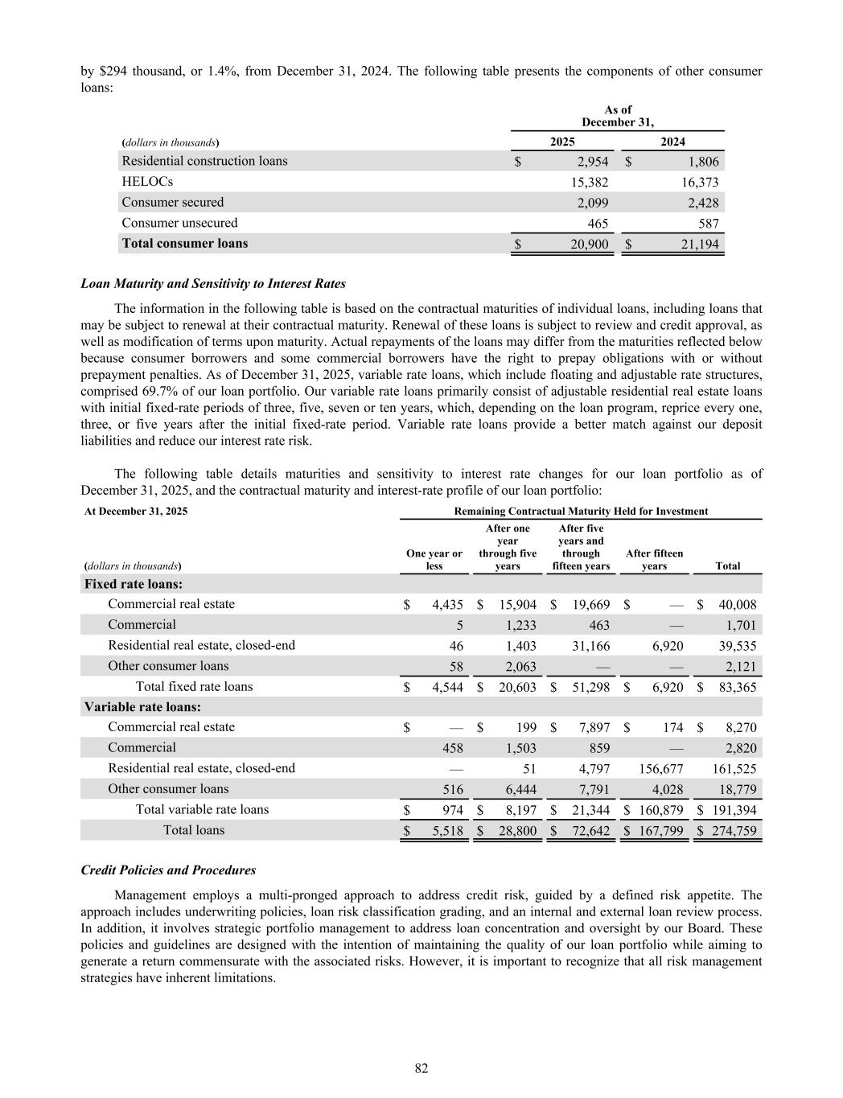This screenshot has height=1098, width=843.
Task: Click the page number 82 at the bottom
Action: click(421, 1068)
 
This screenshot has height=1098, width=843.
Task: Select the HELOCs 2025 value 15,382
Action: click(590, 183)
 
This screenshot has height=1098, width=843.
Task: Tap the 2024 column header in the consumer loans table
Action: click(672, 142)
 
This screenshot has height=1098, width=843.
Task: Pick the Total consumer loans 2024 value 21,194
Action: click(700, 244)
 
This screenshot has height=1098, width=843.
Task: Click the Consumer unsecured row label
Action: click(179, 223)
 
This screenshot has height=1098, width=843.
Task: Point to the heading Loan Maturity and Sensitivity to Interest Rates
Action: click(213, 283)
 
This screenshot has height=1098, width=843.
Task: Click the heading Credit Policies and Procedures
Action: click(168, 870)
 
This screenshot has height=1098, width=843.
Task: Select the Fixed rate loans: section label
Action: click(133, 584)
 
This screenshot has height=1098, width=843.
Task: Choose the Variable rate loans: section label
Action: click(142, 707)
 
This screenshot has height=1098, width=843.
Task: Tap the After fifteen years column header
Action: click(654, 560)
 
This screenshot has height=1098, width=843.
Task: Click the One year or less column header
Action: click(434, 560)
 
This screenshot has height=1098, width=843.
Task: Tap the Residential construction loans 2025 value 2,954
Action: click(591, 162)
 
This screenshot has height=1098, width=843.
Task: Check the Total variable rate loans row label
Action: click(202, 809)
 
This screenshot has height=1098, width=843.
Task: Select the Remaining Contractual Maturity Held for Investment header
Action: click(581, 511)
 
